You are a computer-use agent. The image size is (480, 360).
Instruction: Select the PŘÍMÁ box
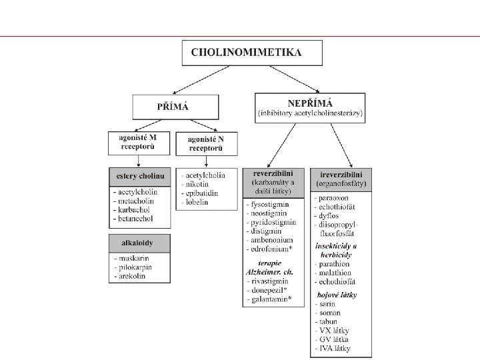(175, 107)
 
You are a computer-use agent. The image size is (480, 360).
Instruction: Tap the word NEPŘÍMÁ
(310, 102)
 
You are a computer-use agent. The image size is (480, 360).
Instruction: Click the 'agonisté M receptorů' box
(139, 143)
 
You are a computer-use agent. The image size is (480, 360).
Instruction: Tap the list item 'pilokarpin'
(136, 267)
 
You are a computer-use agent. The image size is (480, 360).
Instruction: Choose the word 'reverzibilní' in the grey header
(273, 173)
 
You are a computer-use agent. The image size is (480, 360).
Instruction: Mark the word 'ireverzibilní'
(341, 173)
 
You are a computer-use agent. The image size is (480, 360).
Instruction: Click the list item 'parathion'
(335, 263)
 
